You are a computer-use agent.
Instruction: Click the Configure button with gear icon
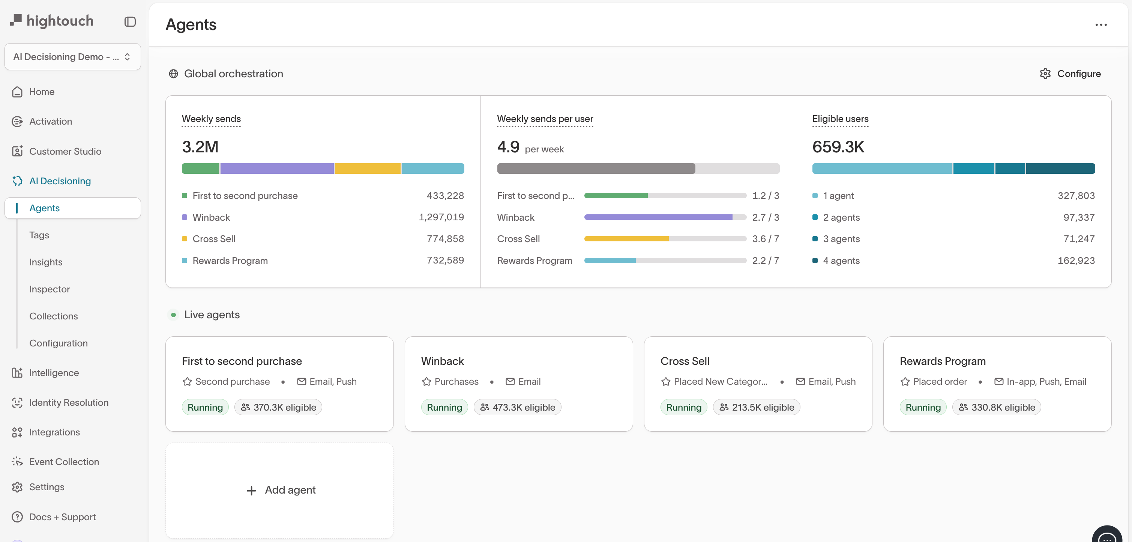point(1070,74)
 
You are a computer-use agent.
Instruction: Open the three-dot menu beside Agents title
point(1101,25)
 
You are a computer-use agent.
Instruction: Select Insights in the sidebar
point(46,262)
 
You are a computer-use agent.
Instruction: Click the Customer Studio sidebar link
point(65,151)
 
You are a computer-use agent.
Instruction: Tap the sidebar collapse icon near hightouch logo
point(130,21)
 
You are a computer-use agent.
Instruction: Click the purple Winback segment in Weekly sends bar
point(277,169)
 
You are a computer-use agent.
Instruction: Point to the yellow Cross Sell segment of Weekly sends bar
point(367,169)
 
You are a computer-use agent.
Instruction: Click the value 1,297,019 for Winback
point(441,217)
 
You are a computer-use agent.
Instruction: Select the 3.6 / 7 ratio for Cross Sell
point(765,239)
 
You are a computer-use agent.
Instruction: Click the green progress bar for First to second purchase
point(615,196)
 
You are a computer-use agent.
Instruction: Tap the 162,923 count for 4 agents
point(1076,260)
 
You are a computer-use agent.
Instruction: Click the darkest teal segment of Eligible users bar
point(1060,169)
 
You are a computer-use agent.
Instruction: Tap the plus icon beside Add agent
point(251,490)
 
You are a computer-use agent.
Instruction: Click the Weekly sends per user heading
point(545,119)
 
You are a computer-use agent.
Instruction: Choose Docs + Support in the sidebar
point(62,517)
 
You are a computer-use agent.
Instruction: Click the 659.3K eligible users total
point(838,147)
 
